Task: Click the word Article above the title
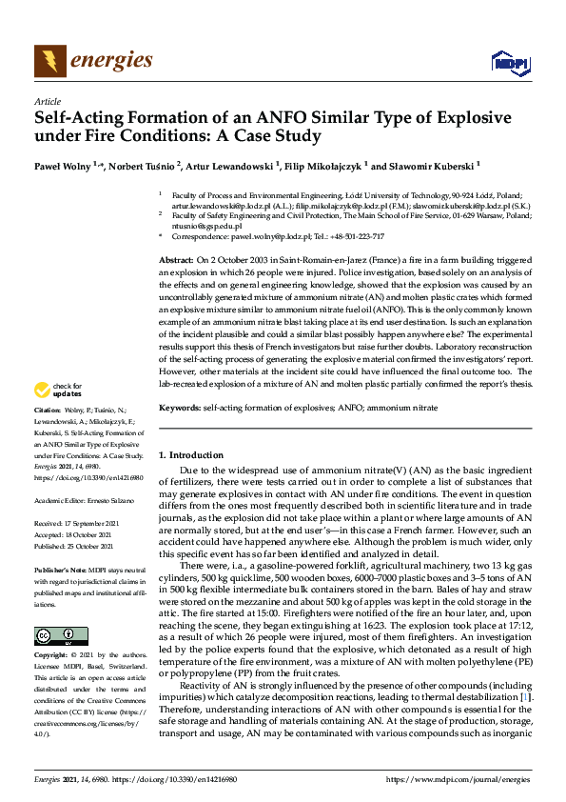[47, 101]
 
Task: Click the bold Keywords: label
[179, 408]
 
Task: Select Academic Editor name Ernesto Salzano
[109, 500]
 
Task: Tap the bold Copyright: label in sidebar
[53, 656]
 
